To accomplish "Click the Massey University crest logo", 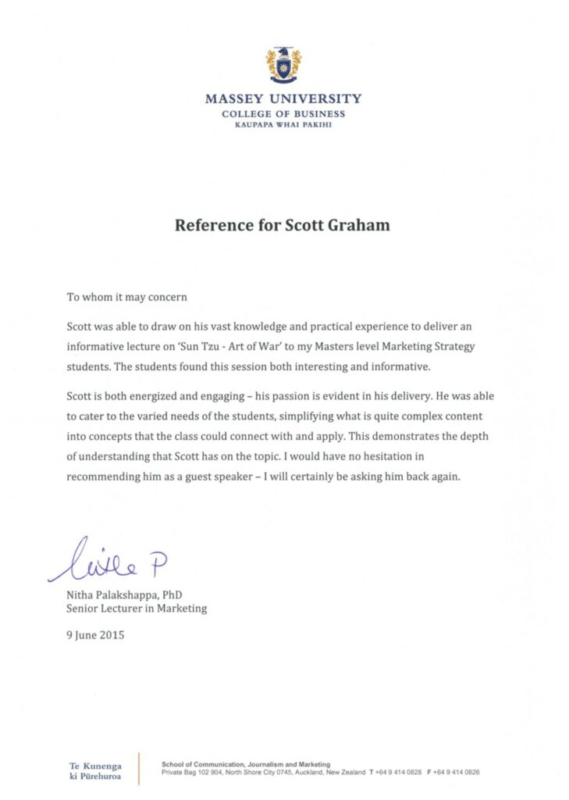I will click(x=283, y=66).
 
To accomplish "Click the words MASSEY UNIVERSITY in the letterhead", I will click(x=283, y=99).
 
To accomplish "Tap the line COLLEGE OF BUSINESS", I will click(x=283, y=114).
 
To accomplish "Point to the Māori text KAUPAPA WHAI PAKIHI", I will click(x=283, y=125).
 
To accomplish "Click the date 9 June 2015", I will click(x=95, y=635).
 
